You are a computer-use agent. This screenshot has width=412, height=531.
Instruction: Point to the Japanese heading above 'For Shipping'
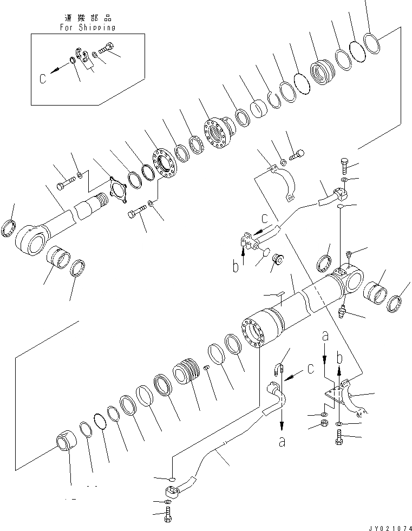pos(87,17)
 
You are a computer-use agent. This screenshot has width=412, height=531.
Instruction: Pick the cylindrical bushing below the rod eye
pos(58,259)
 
